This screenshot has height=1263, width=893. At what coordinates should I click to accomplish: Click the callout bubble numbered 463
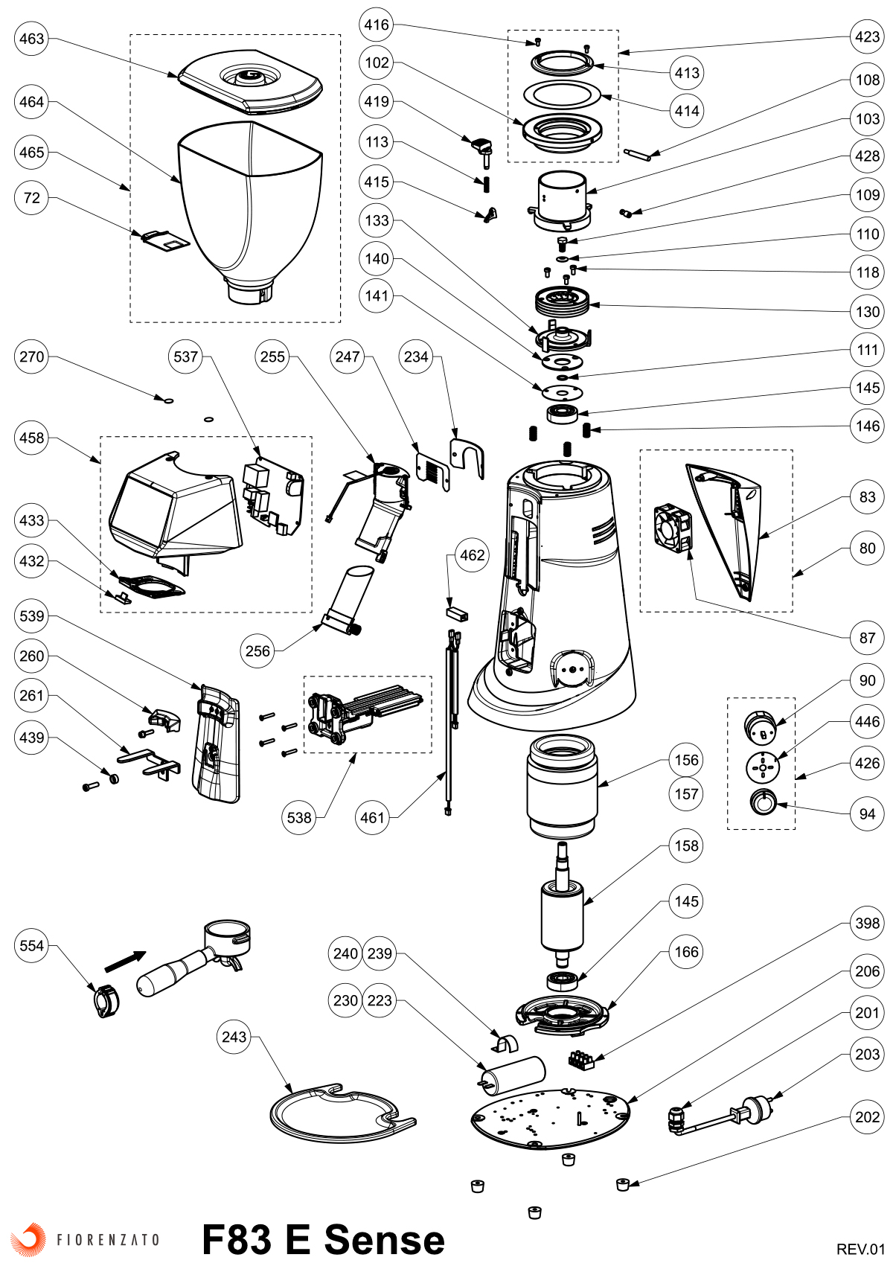tap(32, 39)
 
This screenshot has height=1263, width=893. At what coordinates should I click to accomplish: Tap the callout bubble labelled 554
tap(32, 946)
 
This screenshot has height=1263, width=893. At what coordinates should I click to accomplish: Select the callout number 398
tap(868, 924)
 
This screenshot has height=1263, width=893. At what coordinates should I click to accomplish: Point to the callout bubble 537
tap(186, 356)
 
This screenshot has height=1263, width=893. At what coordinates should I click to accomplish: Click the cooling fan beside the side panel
tap(673, 528)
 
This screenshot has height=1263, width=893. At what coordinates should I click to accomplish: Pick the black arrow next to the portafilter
tap(125, 961)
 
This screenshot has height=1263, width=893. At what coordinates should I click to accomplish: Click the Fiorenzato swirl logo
tap(28, 1238)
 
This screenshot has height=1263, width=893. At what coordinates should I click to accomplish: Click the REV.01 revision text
tap(860, 1249)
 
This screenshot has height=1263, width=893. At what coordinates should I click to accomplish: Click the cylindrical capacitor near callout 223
tap(513, 1075)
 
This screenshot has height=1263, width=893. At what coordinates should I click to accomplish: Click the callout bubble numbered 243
tap(234, 1037)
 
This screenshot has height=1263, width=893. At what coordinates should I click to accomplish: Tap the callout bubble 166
tap(686, 952)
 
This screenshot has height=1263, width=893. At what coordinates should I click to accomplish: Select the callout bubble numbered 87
tap(868, 638)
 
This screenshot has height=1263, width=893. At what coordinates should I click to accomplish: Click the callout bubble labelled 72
tap(32, 198)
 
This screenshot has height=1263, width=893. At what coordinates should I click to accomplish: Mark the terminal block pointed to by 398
tap(582, 1060)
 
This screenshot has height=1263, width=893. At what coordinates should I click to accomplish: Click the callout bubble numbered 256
tap(257, 651)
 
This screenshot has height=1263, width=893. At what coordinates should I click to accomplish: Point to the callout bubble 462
tap(473, 555)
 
